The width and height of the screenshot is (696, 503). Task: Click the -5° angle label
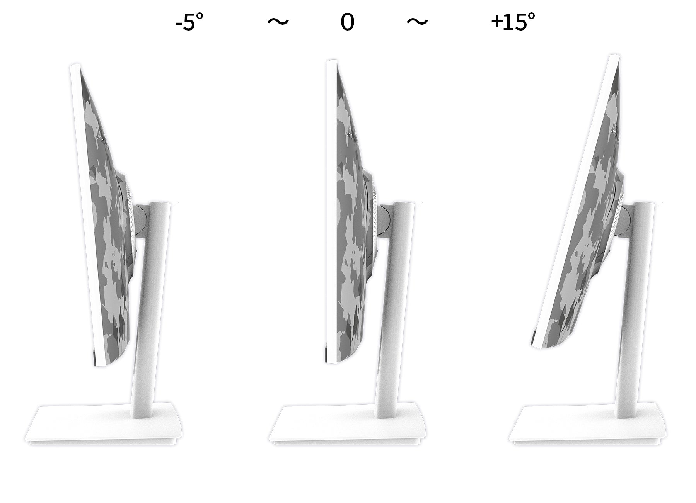(189, 22)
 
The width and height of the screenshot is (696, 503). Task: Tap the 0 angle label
(347, 22)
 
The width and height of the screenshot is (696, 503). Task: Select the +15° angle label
(513, 22)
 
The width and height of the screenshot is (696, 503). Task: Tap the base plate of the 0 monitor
(347, 425)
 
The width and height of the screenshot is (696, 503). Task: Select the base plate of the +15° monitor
(588, 425)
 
